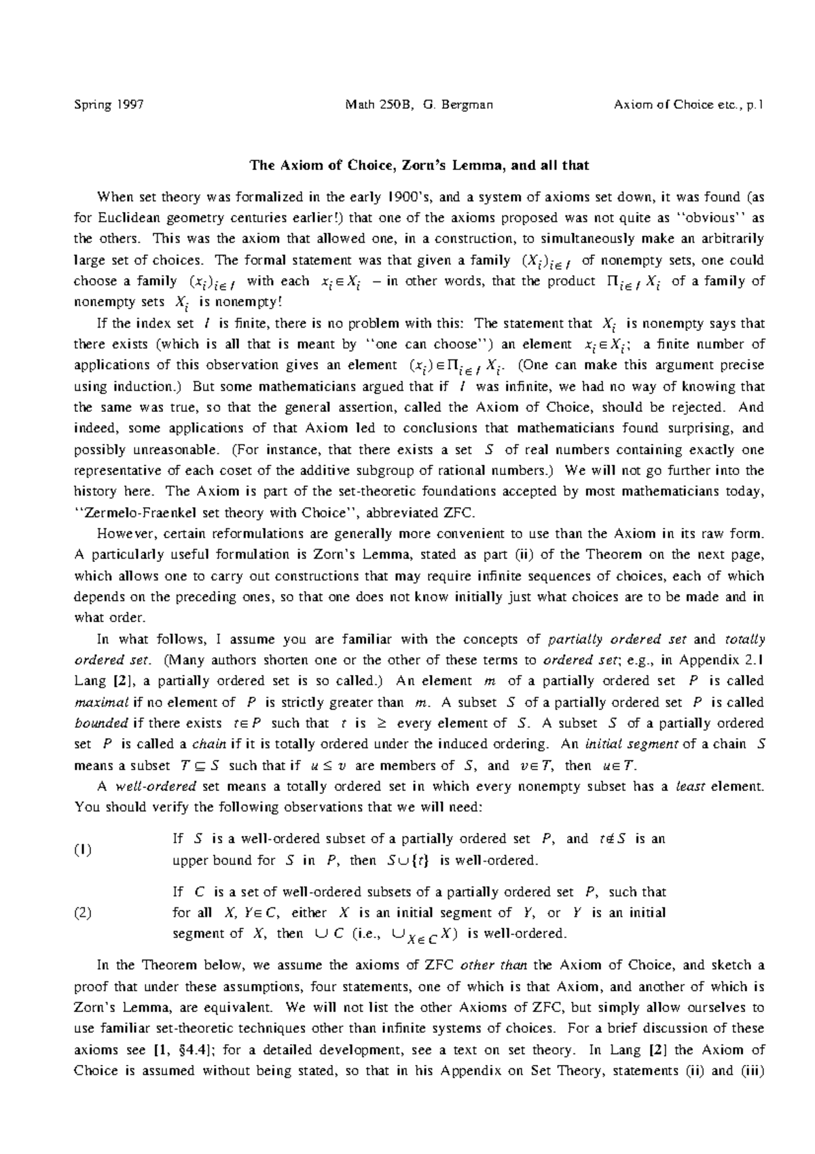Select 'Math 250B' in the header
378,105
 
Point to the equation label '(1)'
83,850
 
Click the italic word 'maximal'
95,703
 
